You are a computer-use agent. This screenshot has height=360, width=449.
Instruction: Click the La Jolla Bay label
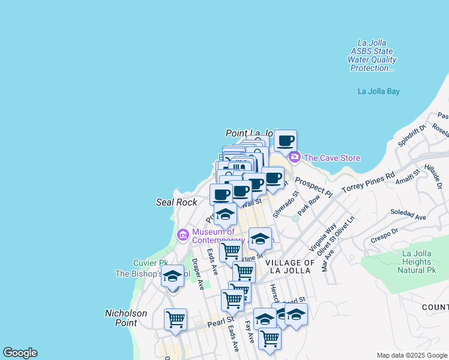(378, 92)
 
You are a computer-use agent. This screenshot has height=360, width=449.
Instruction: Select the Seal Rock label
(176, 203)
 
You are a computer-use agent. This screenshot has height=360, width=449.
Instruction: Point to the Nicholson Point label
(125, 317)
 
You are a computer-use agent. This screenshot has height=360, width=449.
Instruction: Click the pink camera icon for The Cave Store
(294, 158)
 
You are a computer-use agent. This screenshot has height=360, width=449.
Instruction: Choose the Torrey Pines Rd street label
(368, 181)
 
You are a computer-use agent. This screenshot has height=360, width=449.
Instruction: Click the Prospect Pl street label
(313, 187)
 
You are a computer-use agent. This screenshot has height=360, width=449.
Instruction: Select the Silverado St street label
(285, 205)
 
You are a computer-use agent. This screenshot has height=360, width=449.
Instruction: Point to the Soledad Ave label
(408, 214)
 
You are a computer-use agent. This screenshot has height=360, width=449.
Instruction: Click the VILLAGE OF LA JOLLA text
(290, 267)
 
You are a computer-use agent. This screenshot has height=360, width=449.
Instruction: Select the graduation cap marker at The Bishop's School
(172, 277)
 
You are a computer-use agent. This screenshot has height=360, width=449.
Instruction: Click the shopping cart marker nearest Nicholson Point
(175, 319)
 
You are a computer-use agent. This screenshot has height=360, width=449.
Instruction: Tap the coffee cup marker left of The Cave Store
(285, 142)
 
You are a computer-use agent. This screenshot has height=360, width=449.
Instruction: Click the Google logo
(20, 353)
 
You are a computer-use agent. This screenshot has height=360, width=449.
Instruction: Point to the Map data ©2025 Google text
(412, 355)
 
